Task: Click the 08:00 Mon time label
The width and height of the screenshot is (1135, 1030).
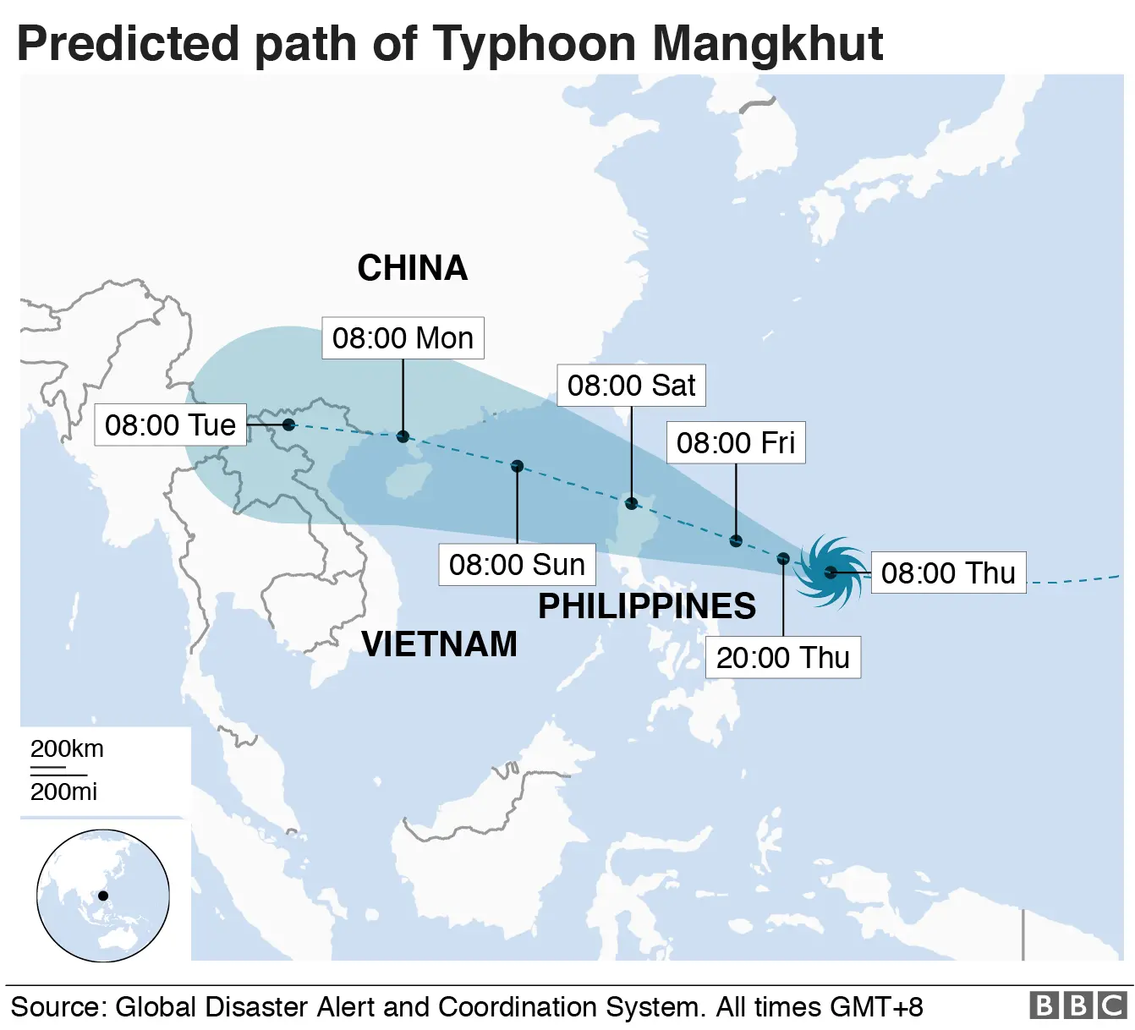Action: pos(403,338)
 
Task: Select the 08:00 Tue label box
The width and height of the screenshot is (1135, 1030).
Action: pos(170,425)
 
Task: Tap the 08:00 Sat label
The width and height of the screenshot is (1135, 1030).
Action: pos(631,386)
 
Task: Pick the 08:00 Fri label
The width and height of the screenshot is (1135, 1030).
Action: pos(736,442)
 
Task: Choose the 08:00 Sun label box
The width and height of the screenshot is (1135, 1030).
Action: pos(517,564)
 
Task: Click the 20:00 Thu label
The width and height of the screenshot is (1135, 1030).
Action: pos(782,657)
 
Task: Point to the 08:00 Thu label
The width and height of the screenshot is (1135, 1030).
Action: pos(947,573)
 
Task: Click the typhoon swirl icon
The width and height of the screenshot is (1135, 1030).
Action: pos(831,572)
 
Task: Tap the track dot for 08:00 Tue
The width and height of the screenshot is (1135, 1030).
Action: pos(289,425)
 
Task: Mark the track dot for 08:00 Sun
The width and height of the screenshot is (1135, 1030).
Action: pos(518,466)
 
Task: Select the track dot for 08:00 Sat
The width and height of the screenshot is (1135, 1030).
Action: pos(631,504)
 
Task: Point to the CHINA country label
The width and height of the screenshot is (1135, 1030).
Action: pos(412,268)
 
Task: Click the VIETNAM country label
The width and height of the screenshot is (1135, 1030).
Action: pos(439,644)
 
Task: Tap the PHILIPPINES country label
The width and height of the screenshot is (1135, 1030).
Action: pos(647,606)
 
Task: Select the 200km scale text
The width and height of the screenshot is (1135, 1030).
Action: pos(67,749)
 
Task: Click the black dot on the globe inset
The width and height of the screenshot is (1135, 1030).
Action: pos(103,896)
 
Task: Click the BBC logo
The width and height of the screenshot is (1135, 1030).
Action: pos(1077,1005)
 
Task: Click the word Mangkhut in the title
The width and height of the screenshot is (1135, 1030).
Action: pos(768,44)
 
